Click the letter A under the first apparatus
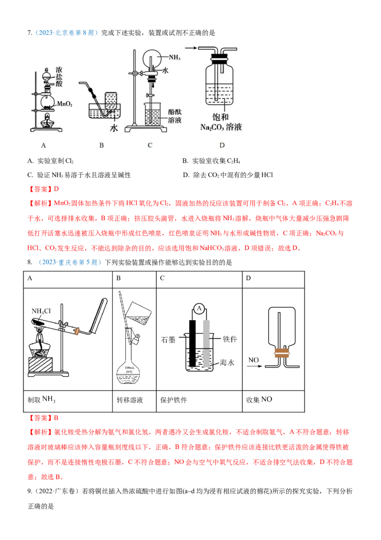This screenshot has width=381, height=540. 43,145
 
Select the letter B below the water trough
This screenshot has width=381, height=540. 101,145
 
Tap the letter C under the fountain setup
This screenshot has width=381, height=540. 150,145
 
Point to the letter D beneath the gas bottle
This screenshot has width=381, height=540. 222,145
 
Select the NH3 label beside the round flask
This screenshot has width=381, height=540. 175,58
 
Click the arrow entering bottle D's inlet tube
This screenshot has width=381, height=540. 191,48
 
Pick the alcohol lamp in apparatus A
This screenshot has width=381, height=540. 48,121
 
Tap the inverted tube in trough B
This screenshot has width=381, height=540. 112,101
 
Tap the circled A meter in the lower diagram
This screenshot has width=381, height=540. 198,309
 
